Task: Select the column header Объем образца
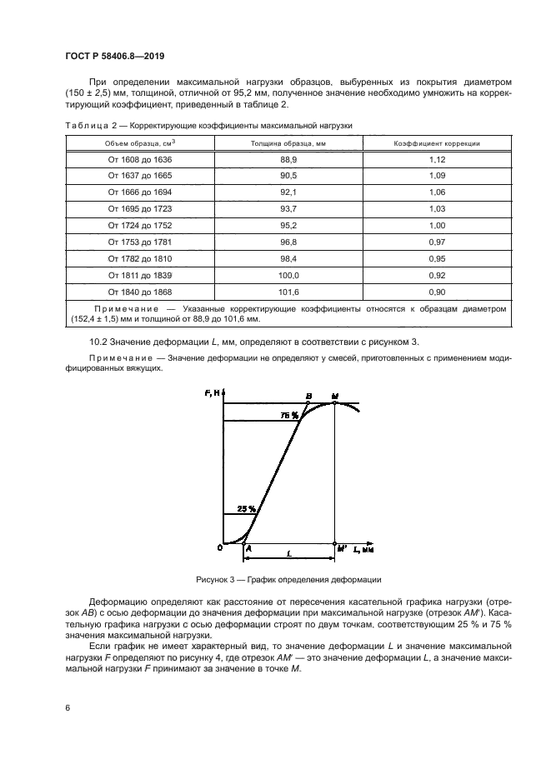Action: pyautogui.click(x=139, y=143)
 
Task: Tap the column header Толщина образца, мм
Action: pyautogui.click(x=288, y=143)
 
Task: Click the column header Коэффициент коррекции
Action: pyautogui.click(x=438, y=143)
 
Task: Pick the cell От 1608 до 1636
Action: pyautogui.click(x=139, y=159)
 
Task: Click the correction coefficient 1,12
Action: pyautogui.click(x=438, y=159)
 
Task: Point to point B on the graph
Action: pyautogui.click(x=308, y=396)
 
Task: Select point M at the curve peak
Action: pyautogui.click(x=335, y=395)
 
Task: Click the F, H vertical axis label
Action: pyautogui.click(x=212, y=393)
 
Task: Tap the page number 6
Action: pyautogui.click(x=66, y=707)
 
